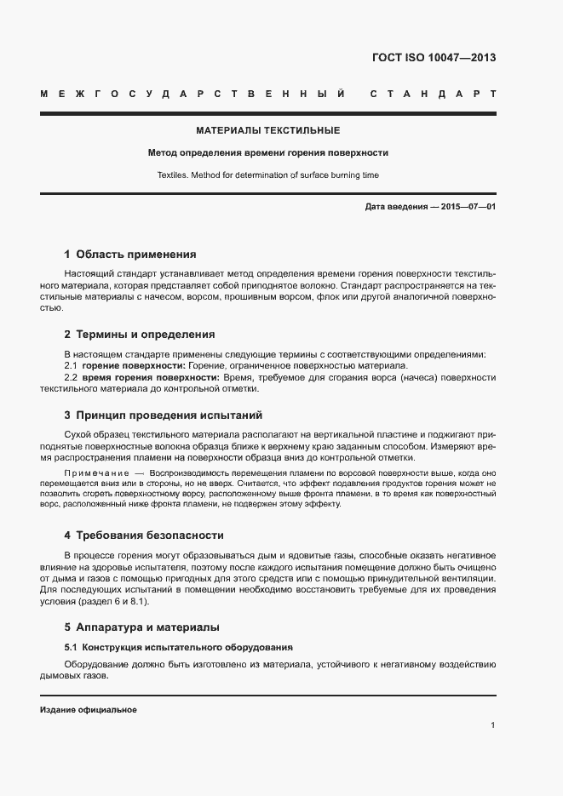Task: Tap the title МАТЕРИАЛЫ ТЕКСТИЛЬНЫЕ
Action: (267, 131)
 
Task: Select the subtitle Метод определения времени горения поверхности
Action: (267, 153)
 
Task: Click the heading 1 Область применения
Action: (130, 255)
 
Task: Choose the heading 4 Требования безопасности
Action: (143, 535)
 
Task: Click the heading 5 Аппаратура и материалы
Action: (141, 627)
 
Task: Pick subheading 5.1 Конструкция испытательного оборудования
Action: (178, 647)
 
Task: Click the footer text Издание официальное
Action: (89, 709)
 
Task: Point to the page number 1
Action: (493, 724)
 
